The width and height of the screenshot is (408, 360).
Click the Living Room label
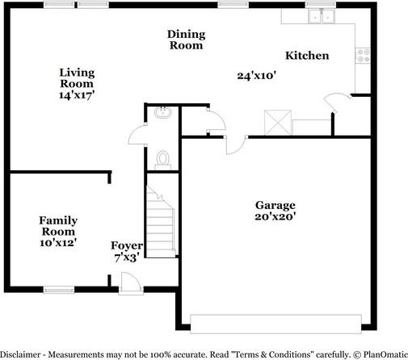point(76,77)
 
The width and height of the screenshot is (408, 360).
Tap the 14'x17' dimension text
point(76,94)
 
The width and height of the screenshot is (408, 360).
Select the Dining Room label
point(186,40)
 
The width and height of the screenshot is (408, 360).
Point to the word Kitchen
point(307,56)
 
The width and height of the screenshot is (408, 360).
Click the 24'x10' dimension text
point(257,76)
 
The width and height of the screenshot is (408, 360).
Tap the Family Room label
point(58,224)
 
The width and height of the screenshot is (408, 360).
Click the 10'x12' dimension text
point(58,242)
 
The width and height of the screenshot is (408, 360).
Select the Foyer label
point(127,245)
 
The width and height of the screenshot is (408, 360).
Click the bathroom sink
point(162,114)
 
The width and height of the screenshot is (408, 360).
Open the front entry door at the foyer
point(129,282)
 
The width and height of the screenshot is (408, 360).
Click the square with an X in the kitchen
point(280,123)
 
